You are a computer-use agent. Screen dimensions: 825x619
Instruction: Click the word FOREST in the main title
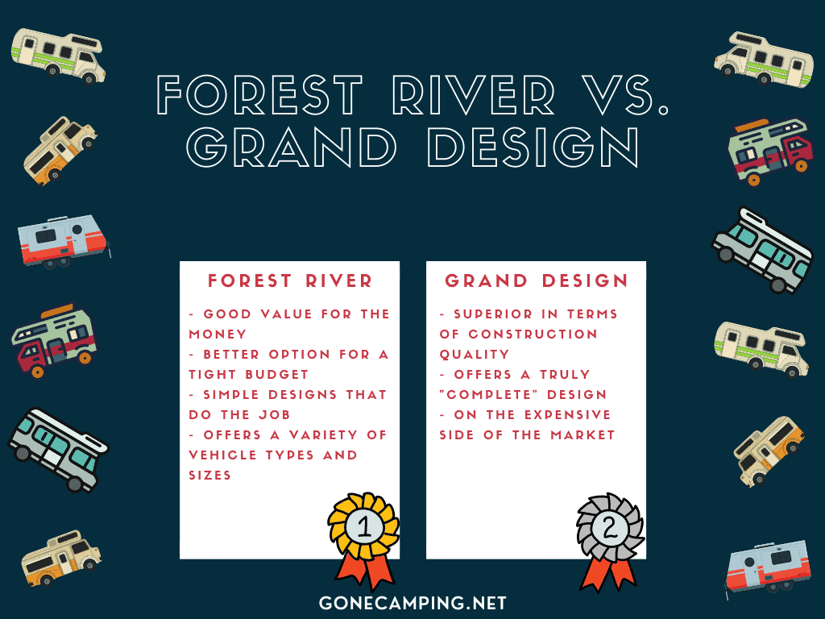[259, 94]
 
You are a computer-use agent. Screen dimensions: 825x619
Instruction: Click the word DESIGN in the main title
[533, 147]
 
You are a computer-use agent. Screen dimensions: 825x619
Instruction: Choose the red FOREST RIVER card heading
[290, 280]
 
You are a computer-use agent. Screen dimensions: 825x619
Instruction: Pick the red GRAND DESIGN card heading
[536, 280]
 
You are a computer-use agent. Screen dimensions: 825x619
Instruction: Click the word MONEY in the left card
[218, 334]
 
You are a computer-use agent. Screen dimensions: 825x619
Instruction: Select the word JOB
[274, 415]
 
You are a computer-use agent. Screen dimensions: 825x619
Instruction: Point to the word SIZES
[210, 476]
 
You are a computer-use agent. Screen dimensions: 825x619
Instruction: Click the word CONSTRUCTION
[533, 334]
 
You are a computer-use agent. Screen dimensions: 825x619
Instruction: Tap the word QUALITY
[475, 355]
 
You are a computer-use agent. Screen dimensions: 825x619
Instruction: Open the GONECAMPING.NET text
[412, 603]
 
